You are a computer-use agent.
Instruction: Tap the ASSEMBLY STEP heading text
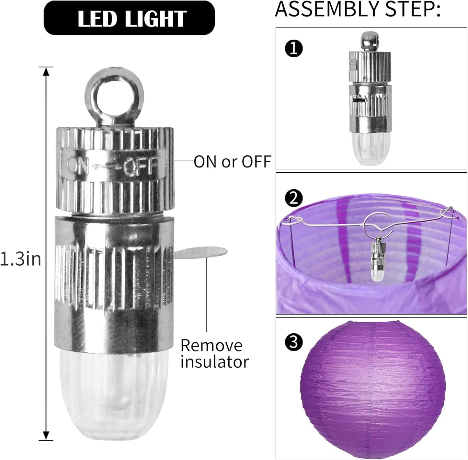358,9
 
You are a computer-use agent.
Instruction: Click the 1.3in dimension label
20,259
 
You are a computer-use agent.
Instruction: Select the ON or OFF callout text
233,162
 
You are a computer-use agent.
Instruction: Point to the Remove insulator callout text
215,353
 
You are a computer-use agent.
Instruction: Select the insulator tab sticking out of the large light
200,253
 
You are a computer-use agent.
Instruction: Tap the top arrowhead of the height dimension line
46,71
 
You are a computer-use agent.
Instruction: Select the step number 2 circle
294,199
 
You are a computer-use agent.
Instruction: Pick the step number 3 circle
294,342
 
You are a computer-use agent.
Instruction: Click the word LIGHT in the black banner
156,19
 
